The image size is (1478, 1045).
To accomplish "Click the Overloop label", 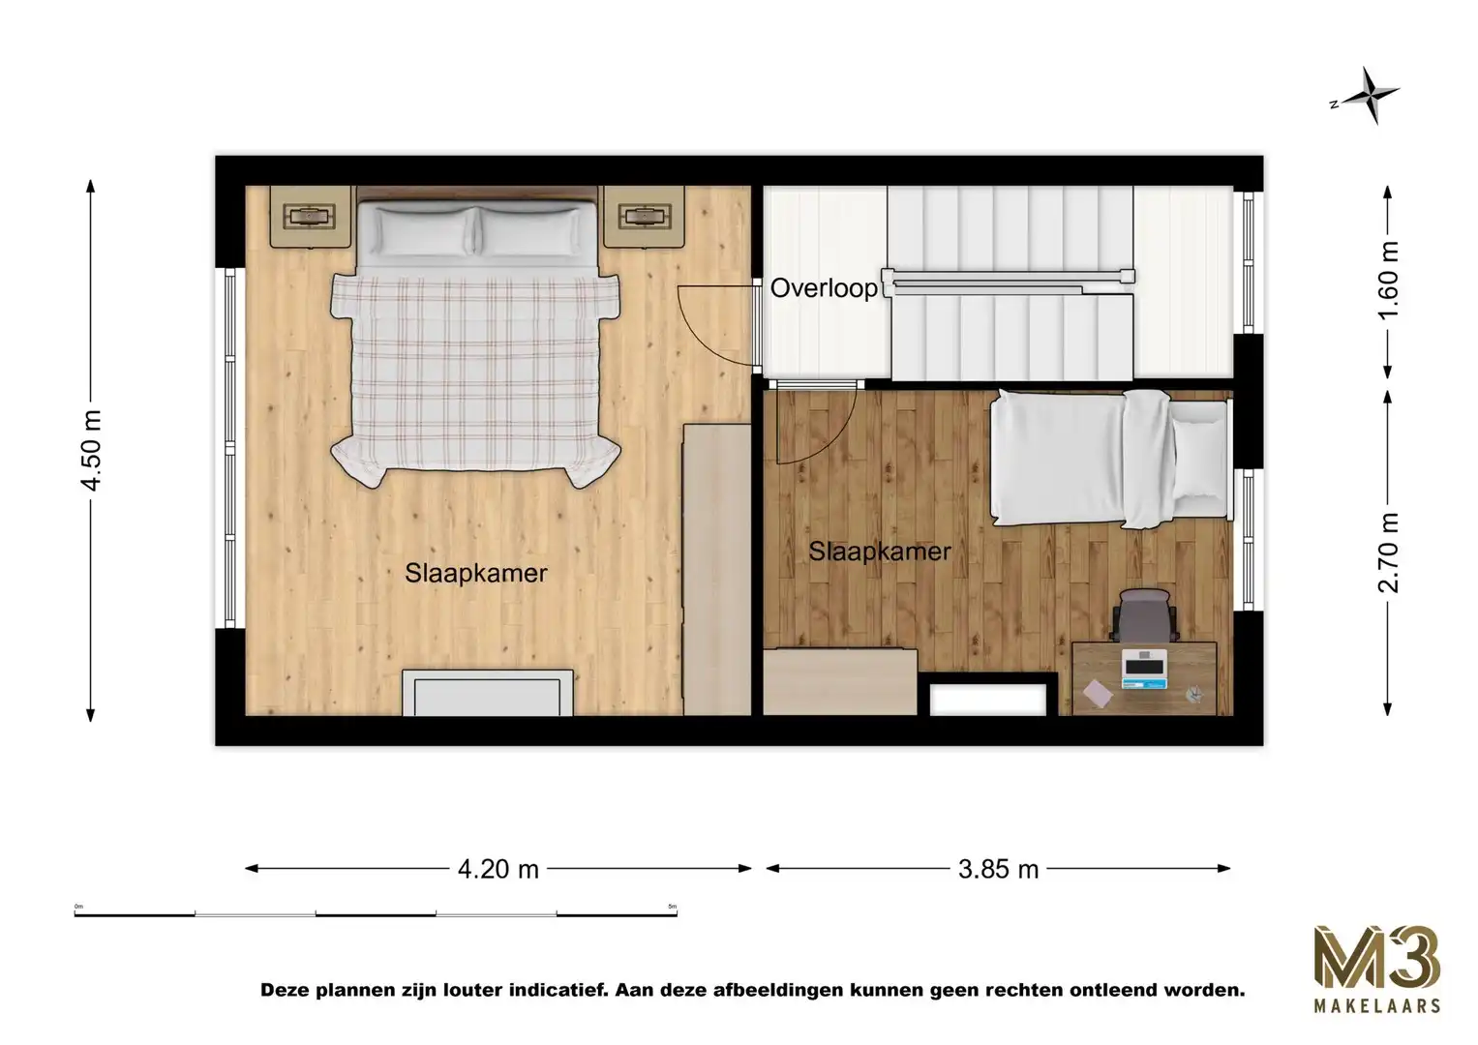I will [824, 287].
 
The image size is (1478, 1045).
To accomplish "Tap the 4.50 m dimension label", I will [91, 450].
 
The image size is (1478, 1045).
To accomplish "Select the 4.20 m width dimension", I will [498, 869].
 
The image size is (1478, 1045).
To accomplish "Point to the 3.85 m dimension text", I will [998, 869].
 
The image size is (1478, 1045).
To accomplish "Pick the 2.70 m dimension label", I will [1389, 552].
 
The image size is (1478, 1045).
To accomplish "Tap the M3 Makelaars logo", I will [1375, 969].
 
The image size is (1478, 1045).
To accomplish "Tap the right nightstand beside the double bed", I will [644, 216].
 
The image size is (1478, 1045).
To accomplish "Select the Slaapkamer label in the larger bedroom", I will [476, 573].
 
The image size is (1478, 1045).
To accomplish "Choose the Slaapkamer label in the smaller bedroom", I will [879, 552].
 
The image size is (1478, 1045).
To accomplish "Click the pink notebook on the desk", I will [1098, 692].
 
